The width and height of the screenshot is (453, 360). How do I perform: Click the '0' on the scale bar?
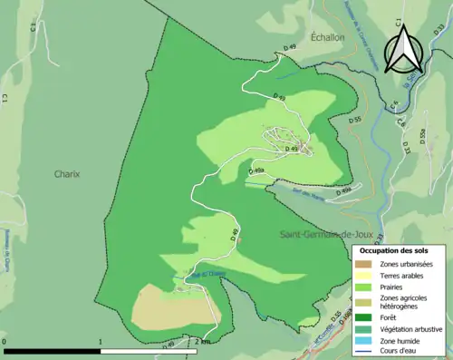pos(5,342)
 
